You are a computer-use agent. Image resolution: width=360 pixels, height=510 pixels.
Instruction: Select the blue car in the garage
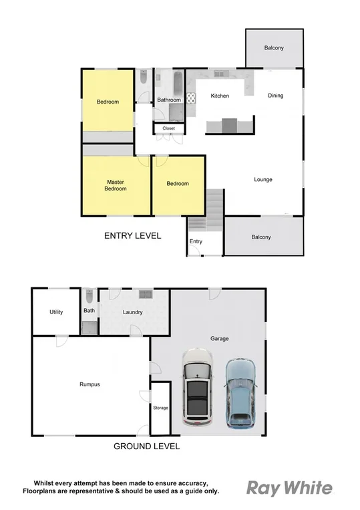pos(240,393)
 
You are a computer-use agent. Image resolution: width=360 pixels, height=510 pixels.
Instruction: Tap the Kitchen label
pos(220,96)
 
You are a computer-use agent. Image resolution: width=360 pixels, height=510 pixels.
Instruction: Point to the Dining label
pos(275,96)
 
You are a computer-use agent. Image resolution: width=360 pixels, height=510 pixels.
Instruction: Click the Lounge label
pos(262,179)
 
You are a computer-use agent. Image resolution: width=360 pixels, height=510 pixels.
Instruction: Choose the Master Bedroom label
pos(116,185)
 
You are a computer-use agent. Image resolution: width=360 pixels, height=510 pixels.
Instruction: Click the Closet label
pos(168,128)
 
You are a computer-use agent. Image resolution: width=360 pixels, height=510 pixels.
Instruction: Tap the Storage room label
pos(160,408)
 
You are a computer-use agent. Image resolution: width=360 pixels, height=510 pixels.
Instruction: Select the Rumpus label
pos(89,384)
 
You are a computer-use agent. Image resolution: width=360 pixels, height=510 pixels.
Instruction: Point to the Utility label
pos(56,312)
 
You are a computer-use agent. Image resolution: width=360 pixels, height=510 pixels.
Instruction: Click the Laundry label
pos(133,312)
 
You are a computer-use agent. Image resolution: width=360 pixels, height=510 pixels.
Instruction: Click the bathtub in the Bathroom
pos(176,84)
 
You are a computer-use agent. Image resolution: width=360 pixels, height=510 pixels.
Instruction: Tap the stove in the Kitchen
pos(190,99)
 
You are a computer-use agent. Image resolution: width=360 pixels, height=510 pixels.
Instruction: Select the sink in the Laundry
pos(145,294)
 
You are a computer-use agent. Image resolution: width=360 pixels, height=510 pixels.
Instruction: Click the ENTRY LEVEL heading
pos(132,235)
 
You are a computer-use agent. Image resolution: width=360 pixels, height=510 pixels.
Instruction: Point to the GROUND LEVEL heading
pos(146,447)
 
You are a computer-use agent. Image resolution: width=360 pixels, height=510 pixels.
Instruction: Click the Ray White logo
pos(289,487)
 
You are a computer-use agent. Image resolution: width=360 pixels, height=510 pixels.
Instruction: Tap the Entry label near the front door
pos(196,241)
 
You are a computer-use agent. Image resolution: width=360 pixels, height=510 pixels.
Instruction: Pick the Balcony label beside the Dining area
pos(274,47)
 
